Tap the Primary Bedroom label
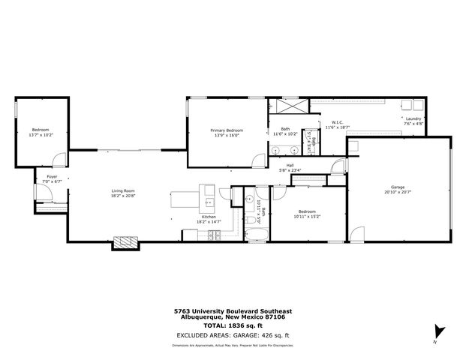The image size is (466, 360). (226, 130)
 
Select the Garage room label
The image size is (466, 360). (398, 187)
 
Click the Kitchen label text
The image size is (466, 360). (209, 217)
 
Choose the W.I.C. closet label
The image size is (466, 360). (337, 122)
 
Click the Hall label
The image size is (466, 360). (290, 166)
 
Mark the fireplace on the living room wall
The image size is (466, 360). (125, 242)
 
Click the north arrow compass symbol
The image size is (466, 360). (438, 331)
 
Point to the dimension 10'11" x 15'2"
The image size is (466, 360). (308, 216)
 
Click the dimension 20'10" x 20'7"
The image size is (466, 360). (398, 192)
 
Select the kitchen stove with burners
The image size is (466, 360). (212, 235)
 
